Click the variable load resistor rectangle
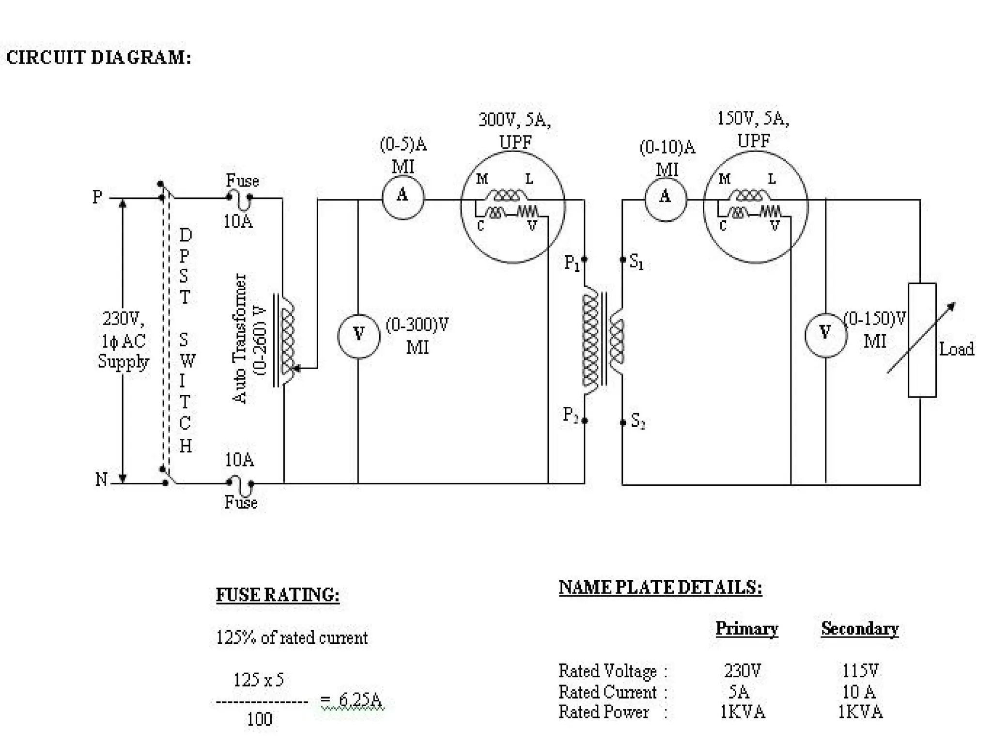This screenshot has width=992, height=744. coord(921,340)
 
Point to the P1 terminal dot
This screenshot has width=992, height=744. coord(585,259)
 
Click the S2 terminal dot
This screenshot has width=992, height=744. coord(623,422)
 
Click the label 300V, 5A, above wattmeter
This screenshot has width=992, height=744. coord(514,120)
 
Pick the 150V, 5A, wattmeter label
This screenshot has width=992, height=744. coord(753,118)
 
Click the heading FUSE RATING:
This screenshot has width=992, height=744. coord(277,594)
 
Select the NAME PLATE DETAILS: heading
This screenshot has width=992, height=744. coord(660,587)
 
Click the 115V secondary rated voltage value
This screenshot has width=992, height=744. coord(860,670)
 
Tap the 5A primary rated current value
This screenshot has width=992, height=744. coord(739,691)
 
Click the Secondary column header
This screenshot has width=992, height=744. coord(859,628)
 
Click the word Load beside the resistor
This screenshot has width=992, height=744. coord(956,349)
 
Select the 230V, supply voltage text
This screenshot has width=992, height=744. coord(123,318)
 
